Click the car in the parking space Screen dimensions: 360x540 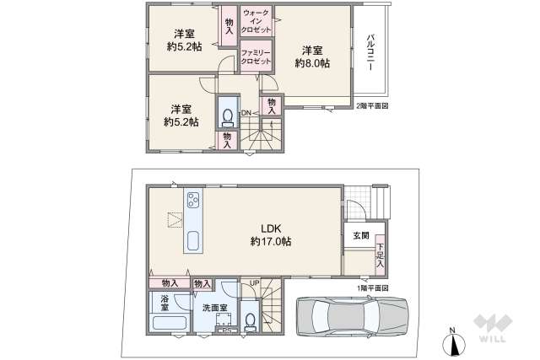point(349,318)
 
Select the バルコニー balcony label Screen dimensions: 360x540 point(370,53)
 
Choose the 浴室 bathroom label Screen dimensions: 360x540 point(165,303)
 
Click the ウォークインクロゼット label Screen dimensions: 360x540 point(256,22)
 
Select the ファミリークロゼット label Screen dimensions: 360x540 point(256,56)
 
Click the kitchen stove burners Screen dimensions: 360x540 point(193,201)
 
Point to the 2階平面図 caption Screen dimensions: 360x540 point(372,105)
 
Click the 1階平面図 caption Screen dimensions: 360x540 point(372,288)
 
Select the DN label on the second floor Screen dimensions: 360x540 point(246,113)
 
